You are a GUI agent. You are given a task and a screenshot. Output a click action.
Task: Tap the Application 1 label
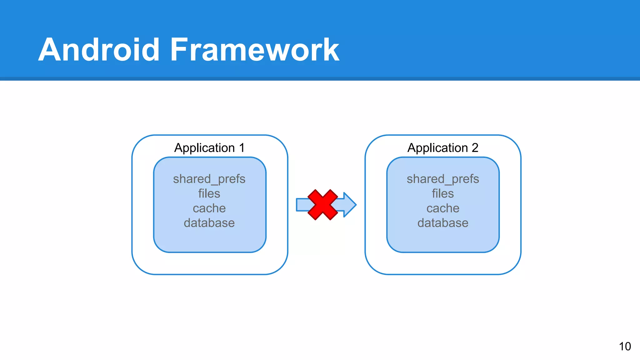(209, 148)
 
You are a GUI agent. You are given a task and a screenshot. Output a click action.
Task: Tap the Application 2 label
(442, 148)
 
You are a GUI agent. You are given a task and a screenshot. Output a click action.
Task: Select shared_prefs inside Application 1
(209, 179)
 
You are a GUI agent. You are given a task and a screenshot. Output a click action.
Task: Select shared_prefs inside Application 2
(442, 179)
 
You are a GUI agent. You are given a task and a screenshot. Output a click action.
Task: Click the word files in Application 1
(209, 193)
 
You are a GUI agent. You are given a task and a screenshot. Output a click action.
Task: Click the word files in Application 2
(442, 193)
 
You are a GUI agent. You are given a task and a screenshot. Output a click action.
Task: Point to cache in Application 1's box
(209, 208)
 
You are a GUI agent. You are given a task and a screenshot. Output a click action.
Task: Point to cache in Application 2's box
(442, 208)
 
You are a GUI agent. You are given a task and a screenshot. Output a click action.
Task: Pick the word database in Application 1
(209, 223)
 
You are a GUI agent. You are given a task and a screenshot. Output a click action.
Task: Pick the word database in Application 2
(442, 223)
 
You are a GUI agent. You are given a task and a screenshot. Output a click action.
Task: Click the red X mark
(322, 205)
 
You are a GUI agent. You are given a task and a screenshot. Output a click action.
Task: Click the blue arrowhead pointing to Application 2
(349, 205)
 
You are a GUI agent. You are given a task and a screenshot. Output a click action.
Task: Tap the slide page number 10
(625, 346)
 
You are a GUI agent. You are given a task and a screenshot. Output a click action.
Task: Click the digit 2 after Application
(475, 148)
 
